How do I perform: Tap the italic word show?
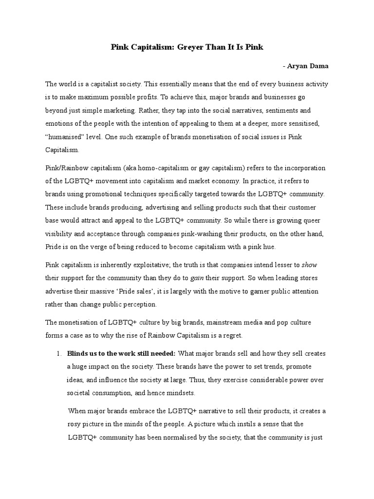point(309,265)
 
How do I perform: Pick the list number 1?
point(58,353)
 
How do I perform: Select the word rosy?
point(75,423)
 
